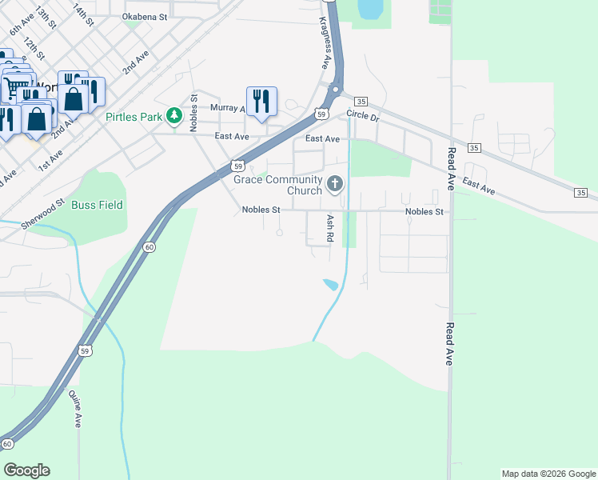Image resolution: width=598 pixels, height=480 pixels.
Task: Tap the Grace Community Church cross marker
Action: click(335, 186)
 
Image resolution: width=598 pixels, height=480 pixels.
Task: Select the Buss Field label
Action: click(98, 205)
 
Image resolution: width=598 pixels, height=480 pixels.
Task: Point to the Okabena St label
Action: click(146, 16)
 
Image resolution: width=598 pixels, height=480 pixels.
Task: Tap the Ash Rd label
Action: click(329, 228)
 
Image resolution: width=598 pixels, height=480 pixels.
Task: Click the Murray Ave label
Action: click(228, 108)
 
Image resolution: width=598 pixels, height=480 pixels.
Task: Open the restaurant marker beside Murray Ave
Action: click(261, 101)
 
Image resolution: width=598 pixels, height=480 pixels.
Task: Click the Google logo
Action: click(26, 470)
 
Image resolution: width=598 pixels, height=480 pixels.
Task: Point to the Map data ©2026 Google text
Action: click(548, 474)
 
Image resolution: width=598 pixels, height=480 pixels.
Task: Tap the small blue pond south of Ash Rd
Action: click(329, 284)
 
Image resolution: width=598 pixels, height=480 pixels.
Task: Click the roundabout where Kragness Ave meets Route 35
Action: click(337, 90)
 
